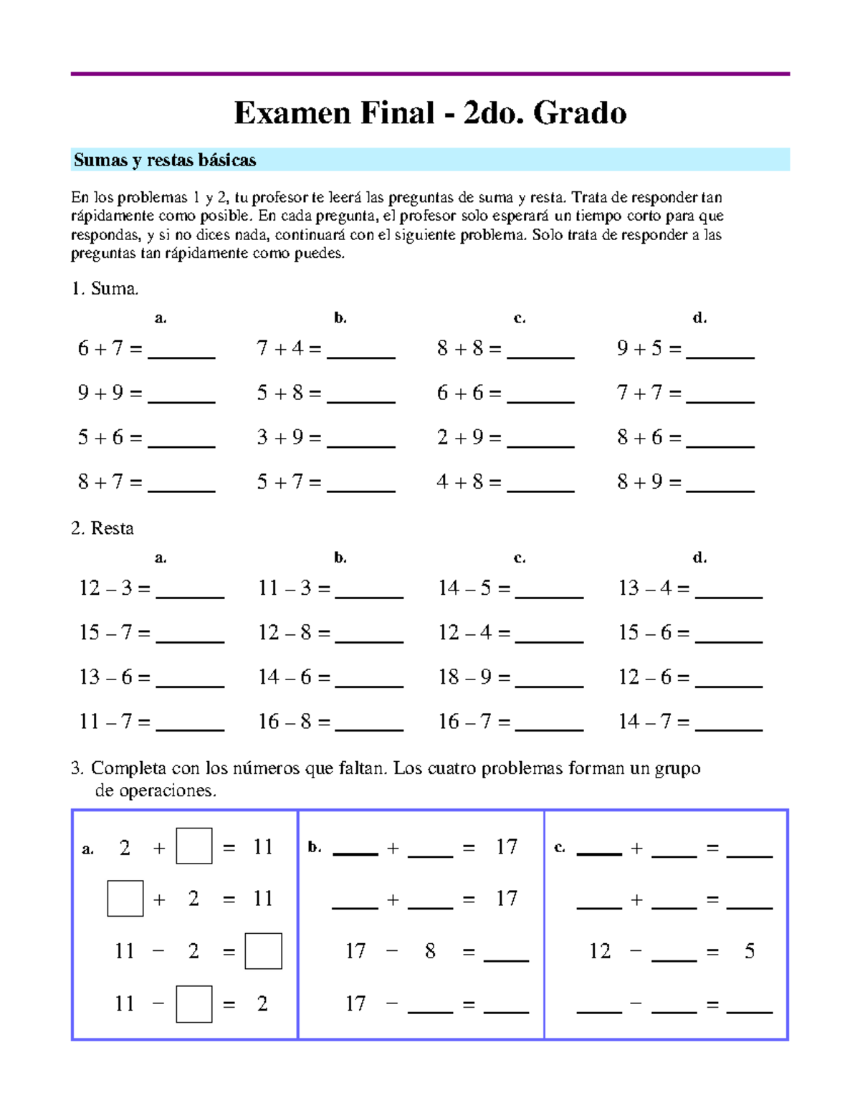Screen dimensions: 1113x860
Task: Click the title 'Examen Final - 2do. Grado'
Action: pyautogui.click(x=430, y=113)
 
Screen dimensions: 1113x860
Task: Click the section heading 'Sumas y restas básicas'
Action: pyautogui.click(x=165, y=160)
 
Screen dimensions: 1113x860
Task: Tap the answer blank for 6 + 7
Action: pyautogui.click(x=181, y=351)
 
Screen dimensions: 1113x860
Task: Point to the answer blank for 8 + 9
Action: pyautogui.click(x=720, y=484)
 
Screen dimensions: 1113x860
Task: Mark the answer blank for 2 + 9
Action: pyautogui.click(x=540, y=440)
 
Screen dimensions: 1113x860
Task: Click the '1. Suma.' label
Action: pyautogui.click(x=105, y=289)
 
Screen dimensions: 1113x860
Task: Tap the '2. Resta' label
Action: pyautogui.click(x=102, y=528)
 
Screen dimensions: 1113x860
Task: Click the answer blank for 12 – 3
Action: pyautogui.click(x=190, y=591)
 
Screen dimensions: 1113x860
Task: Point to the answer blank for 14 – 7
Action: pyautogui.click(x=729, y=724)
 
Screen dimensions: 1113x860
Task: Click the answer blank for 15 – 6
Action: pyautogui.click(x=729, y=636)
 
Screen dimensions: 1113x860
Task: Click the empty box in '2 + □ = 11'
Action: pyautogui.click(x=194, y=846)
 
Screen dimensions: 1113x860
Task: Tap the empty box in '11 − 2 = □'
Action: pyautogui.click(x=263, y=951)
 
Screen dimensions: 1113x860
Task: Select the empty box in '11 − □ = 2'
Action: pyautogui.click(x=194, y=1003)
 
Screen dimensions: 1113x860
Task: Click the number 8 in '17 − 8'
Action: pyautogui.click(x=430, y=951)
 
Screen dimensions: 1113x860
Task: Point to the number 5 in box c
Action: pyautogui.click(x=749, y=951)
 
